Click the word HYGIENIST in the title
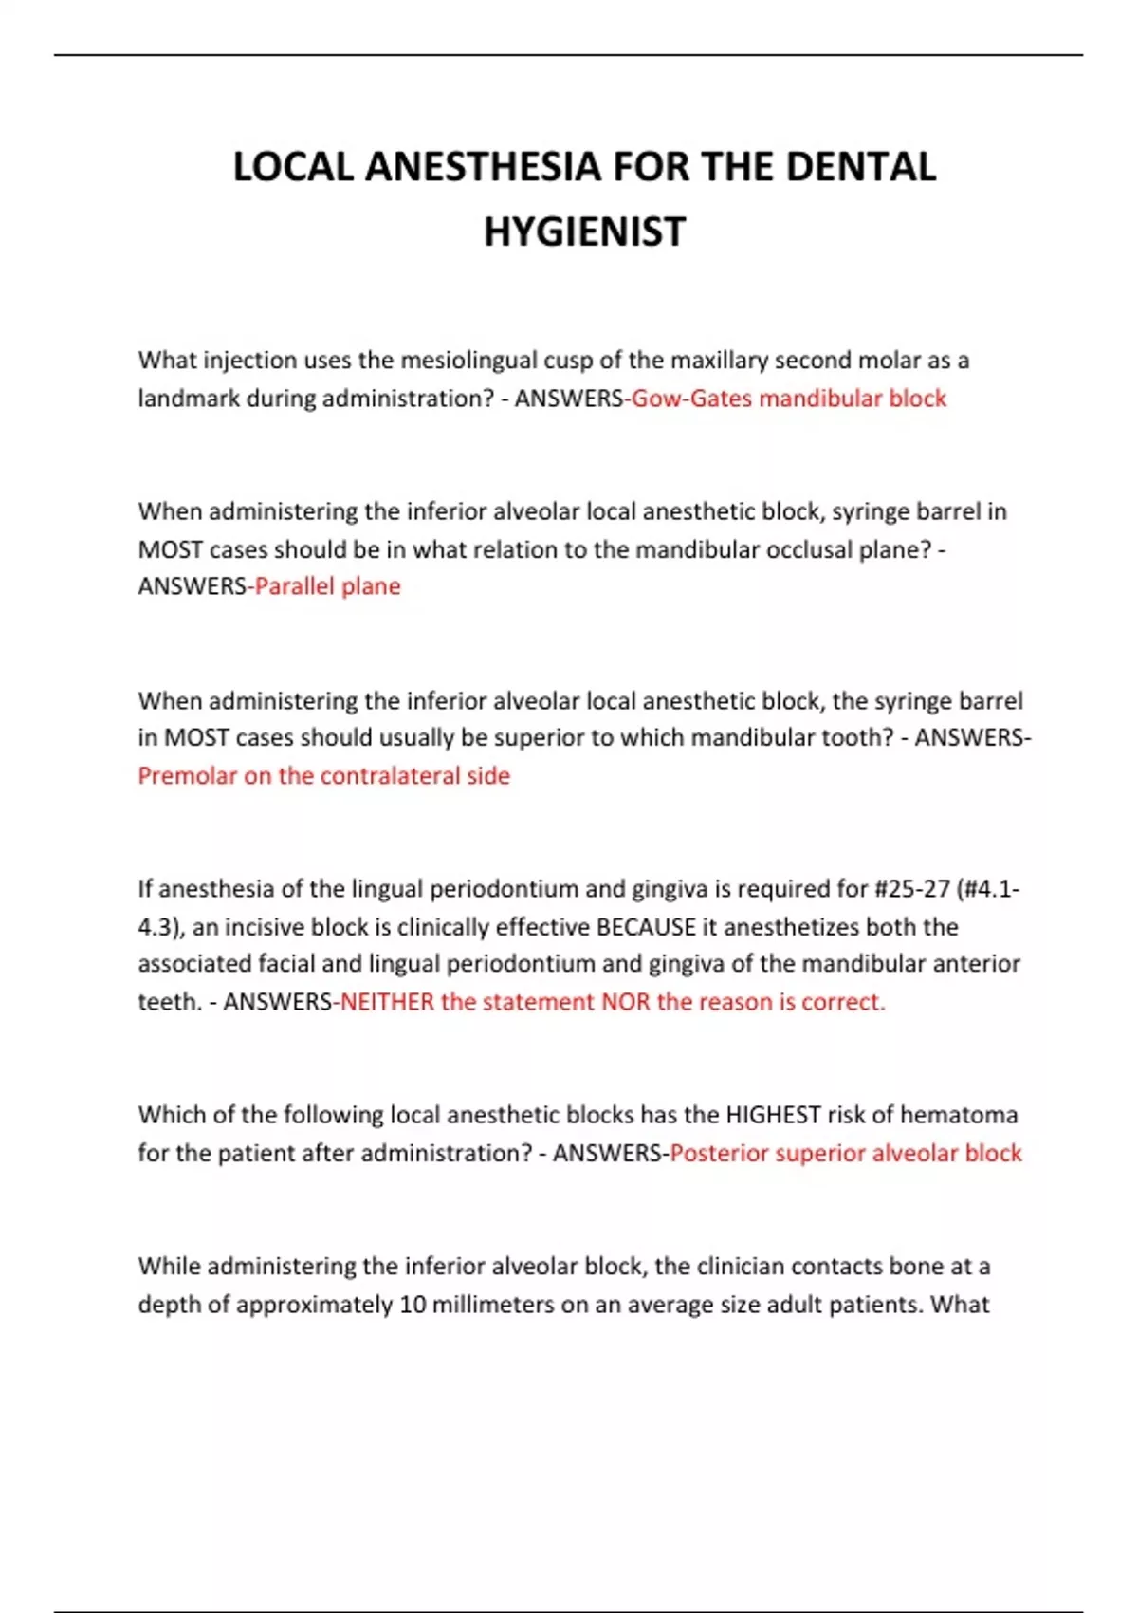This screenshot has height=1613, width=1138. coord(584,232)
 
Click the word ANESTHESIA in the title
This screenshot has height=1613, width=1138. coord(483,167)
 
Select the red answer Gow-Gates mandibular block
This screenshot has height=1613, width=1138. coord(788,399)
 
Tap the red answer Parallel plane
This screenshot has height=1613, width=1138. coord(327,586)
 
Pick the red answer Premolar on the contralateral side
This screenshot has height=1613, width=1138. coord(323,776)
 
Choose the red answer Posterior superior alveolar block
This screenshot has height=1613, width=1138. coord(845,1153)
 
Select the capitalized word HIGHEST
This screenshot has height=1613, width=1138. coord(773,1115)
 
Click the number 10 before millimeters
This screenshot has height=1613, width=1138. coord(413,1305)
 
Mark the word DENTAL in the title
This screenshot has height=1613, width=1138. coord(860,167)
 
